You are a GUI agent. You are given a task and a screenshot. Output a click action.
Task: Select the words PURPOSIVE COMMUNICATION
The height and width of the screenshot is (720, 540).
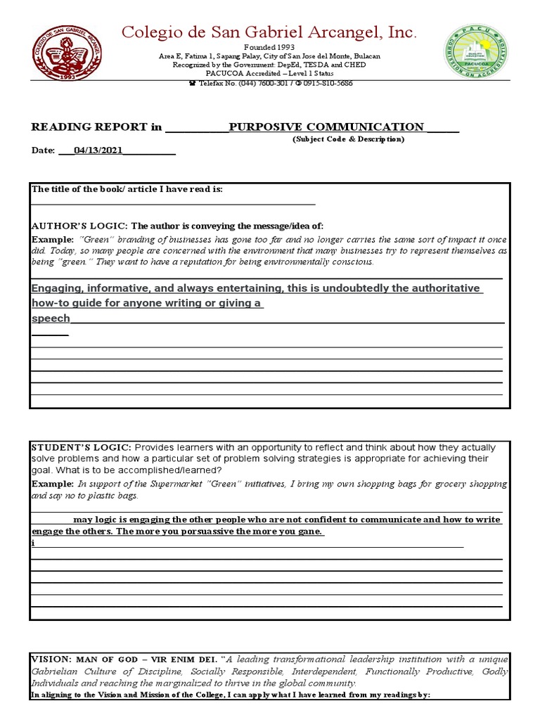tap(327, 127)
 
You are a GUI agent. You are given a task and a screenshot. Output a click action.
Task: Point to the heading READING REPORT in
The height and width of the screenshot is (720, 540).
tap(96, 127)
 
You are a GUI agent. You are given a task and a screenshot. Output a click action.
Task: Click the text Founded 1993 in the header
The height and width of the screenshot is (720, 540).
tap(270, 47)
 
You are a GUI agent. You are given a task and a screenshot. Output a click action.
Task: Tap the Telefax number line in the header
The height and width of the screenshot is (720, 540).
tap(270, 83)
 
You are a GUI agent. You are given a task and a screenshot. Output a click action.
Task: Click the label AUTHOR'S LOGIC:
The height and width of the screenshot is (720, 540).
tap(79, 226)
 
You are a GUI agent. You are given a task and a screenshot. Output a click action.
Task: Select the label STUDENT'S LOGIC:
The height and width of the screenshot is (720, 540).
tap(81, 447)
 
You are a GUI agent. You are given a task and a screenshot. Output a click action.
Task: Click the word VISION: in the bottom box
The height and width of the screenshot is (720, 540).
tap(51, 659)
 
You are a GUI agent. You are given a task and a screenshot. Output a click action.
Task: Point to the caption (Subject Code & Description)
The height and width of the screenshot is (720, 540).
tap(348, 139)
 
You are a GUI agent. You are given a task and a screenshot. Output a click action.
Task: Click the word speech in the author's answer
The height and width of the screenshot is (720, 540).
tap(51, 319)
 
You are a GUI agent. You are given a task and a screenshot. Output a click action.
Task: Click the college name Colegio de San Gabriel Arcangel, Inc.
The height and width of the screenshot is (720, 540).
tap(270, 32)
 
